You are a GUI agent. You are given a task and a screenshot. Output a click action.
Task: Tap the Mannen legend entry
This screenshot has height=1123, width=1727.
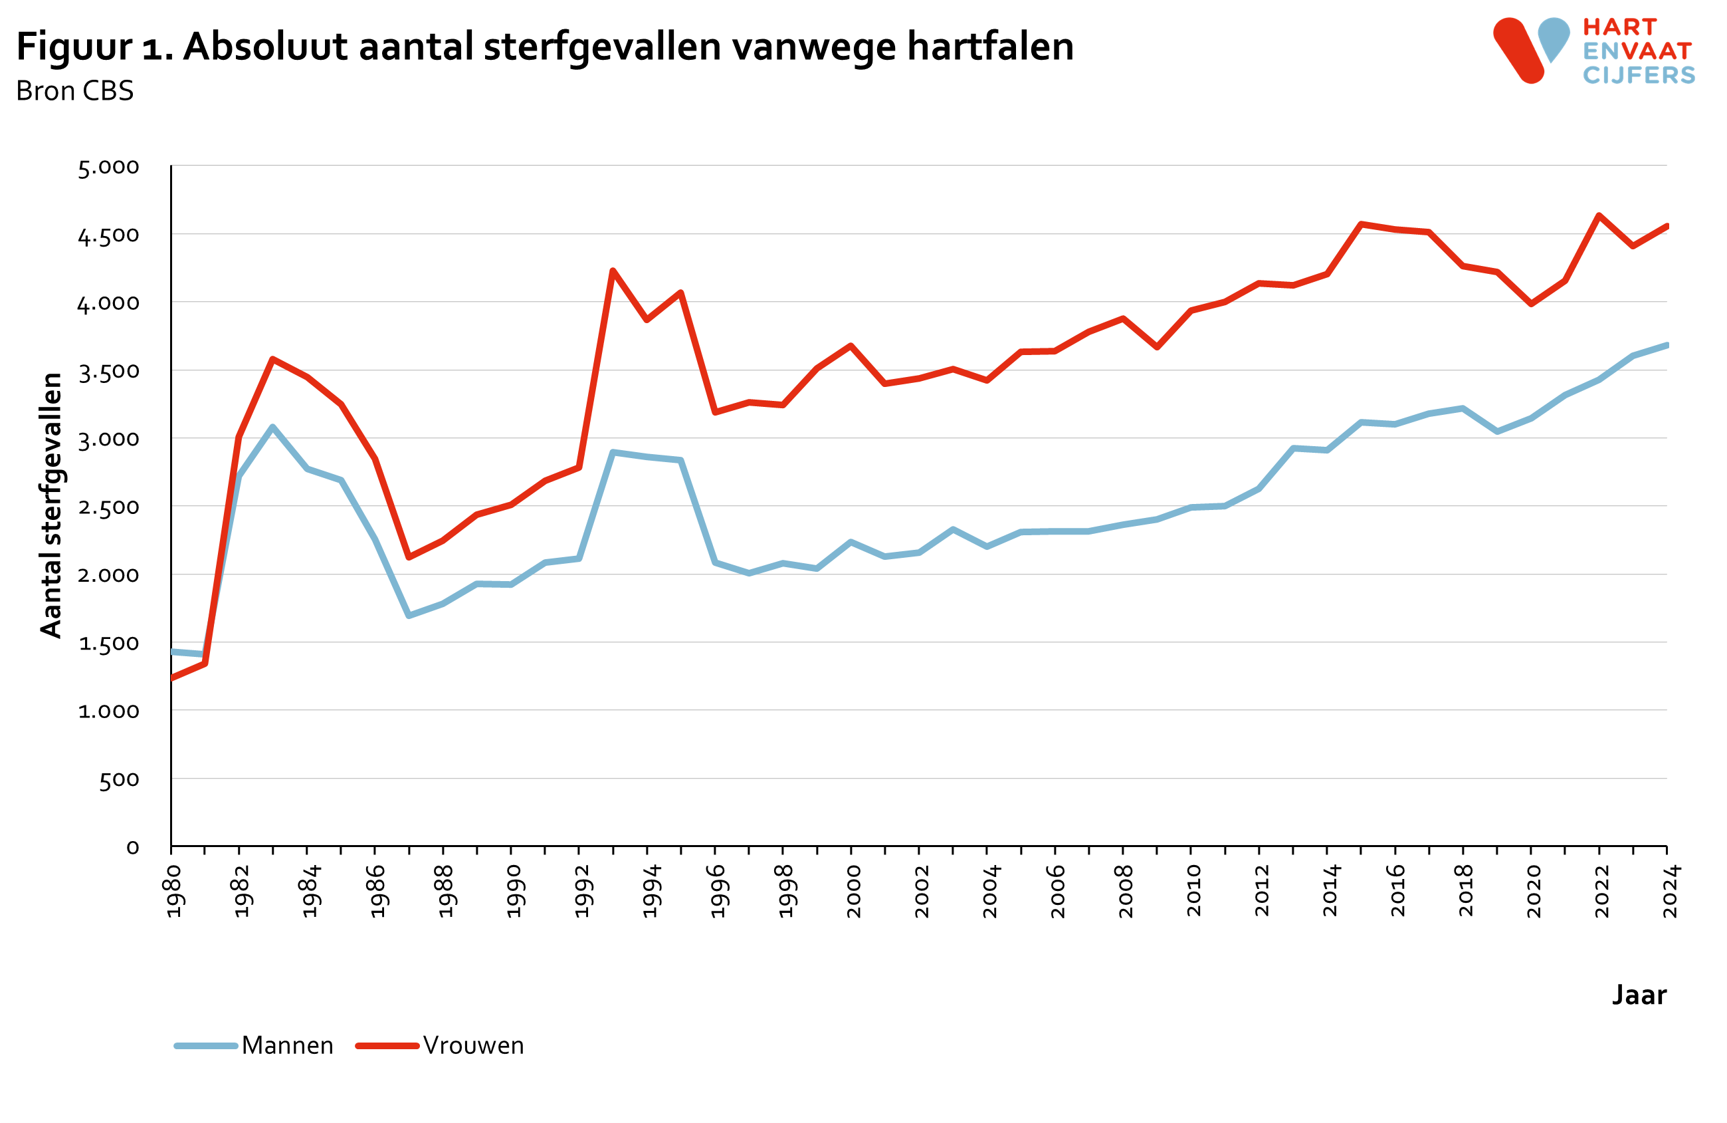tap(287, 1045)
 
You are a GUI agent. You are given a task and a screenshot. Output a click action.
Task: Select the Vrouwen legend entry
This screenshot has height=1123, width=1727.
tap(473, 1045)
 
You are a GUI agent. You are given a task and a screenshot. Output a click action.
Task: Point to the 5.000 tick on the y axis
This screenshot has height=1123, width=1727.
tap(108, 167)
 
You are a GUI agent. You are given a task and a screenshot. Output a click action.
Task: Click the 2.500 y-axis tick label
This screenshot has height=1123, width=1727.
tap(108, 507)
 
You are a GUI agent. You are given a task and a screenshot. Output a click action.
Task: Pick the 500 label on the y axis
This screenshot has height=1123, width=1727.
tap(119, 780)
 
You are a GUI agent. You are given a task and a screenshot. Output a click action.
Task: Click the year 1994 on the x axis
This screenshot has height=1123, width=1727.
tap(651, 891)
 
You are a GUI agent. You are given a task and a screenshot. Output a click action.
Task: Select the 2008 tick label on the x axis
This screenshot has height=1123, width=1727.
tap(1126, 891)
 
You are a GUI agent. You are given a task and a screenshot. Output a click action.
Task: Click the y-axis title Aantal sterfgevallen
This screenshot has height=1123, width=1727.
tap(51, 505)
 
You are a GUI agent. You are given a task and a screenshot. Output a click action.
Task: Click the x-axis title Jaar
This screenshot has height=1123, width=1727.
tap(1639, 995)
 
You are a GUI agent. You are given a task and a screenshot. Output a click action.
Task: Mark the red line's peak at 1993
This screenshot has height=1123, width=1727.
tap(613, 271)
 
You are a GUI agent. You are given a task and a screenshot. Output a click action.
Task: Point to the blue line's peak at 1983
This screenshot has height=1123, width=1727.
tap(273, 427)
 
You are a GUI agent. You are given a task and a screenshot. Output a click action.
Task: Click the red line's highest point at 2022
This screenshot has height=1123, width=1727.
tap(1599, 215)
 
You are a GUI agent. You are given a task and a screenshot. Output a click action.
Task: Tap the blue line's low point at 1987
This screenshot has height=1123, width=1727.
tap(409, 616)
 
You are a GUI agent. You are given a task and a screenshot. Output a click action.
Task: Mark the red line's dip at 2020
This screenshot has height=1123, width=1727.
tap(1531, 304)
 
